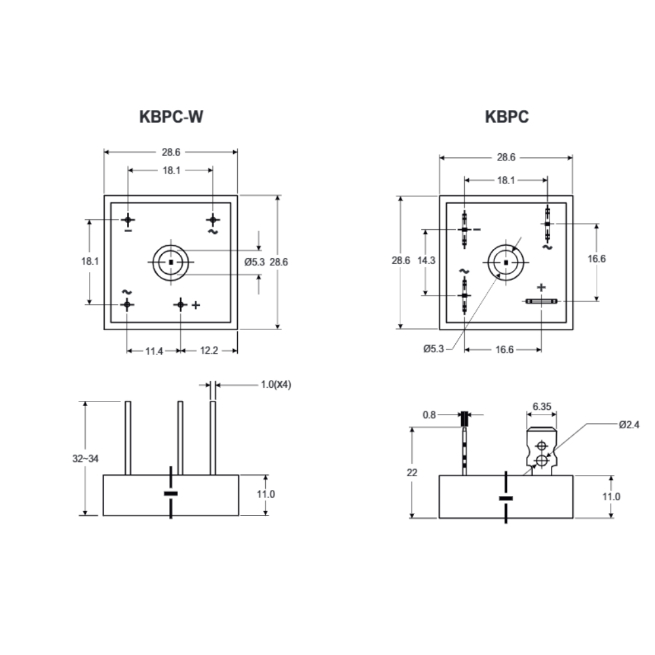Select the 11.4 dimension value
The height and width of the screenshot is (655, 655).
coord(154,351)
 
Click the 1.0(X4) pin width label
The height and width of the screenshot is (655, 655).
coord(276,384)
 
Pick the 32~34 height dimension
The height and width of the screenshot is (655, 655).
coord(85,458)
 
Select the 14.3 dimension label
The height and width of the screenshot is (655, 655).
coord(426,260)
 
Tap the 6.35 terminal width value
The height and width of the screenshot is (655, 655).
coord(541,406)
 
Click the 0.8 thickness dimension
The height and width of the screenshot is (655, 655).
coord(429,415)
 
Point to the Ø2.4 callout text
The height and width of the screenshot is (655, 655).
coord(628,424)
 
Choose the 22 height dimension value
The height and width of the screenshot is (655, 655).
coord(411,472)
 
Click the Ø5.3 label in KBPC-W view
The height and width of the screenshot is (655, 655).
coord(254,261)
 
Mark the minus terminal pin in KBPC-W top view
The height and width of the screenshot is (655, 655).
coord(128,219)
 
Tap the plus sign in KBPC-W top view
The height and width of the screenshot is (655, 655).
coord(195,305)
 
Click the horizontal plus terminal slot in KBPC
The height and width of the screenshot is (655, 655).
coord(541,301)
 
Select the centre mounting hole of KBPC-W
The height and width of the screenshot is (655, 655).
coord(170,262)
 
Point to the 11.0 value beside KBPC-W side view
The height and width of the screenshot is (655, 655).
coord(265,495)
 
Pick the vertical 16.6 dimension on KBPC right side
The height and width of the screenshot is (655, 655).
coord(596,259)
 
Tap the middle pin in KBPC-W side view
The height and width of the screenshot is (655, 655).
coord(180,437)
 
